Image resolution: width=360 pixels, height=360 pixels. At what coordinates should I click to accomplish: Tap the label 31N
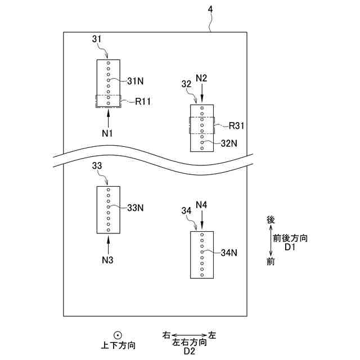[x=136, y=82]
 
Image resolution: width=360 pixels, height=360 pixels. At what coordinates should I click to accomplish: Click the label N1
[x=108, y=133]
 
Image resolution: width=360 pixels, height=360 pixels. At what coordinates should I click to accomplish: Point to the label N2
[x=202, y=77]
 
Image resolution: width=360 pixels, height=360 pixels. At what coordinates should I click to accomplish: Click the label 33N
[x=136, y=208]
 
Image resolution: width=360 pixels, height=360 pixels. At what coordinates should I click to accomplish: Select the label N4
[x=202, y=204]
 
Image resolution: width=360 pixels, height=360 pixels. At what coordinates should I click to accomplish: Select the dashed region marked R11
[x=108, y=101]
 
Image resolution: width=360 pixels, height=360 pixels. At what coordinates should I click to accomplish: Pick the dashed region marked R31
[x=202, y=125]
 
